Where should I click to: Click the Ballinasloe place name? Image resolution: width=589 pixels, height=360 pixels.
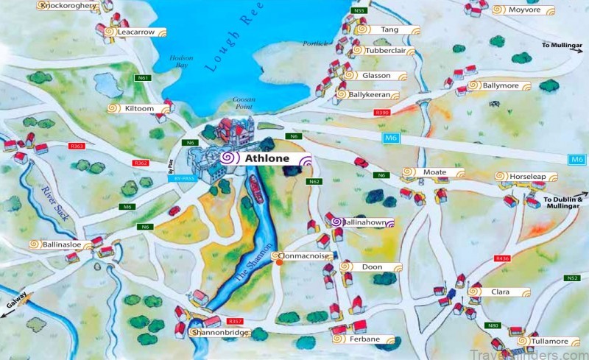61,244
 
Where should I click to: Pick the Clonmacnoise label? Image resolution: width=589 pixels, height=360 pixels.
304,255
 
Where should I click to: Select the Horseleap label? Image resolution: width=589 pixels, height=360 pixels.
529,177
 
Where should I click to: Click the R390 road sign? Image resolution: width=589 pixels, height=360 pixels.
381,113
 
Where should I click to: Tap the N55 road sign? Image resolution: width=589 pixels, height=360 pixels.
359,10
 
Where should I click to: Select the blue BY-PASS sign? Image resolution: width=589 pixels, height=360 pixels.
184,178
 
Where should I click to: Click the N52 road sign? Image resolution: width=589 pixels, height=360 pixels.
573,278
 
